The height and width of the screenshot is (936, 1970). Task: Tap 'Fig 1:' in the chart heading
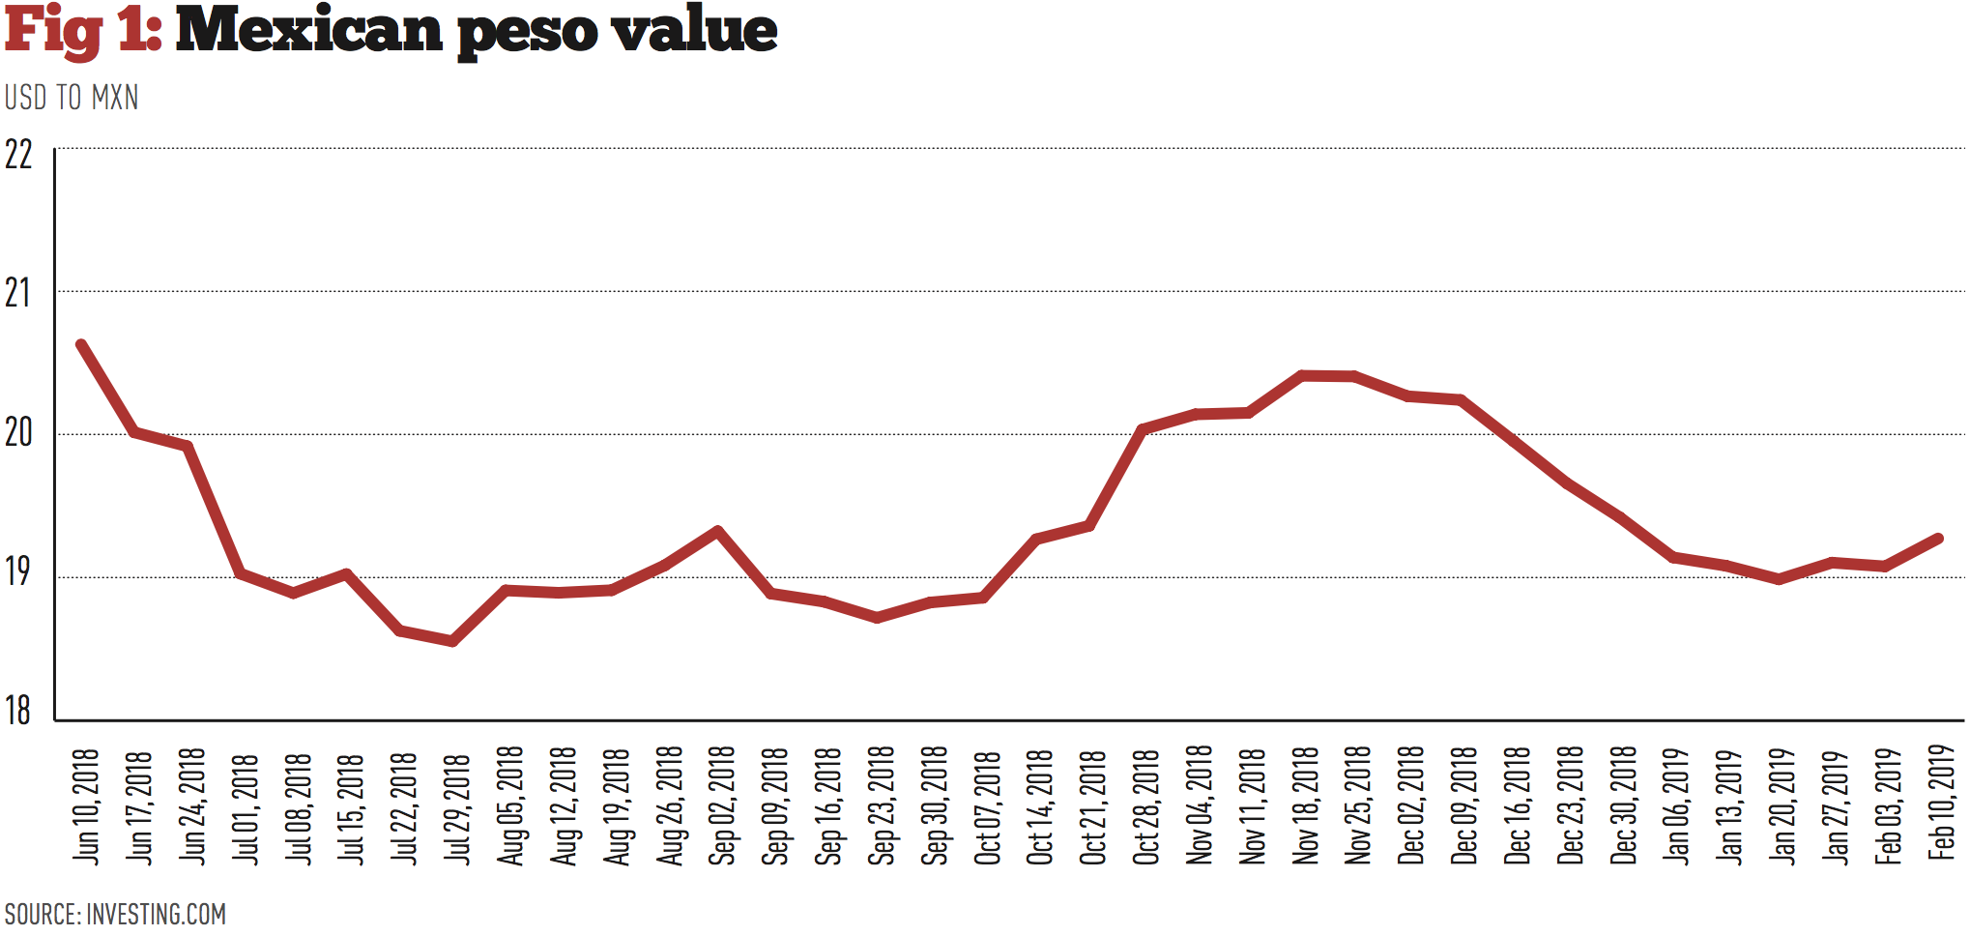click(x=82, y=29)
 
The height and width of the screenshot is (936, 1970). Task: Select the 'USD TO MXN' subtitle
click(x=72, y=98)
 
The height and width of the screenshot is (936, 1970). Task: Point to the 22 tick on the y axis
click(x=18, y=155)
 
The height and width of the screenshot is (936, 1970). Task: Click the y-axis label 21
click(x=18, y=293)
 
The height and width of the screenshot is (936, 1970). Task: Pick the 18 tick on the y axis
click(x=18, y=711)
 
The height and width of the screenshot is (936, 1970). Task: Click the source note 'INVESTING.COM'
click(x=156, y=914)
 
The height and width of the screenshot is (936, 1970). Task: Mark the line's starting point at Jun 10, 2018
click(x=81, y=345)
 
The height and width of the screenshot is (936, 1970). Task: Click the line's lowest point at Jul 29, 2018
click(x=452, y=641)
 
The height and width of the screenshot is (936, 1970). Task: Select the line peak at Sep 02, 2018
click(x=717, y=531)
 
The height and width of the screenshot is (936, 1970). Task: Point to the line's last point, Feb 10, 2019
click(x=1938, y=539)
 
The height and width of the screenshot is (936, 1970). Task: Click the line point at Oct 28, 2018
click(x=1143, y=428)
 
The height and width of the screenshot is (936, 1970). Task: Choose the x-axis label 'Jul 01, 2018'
click(x=246, y=807)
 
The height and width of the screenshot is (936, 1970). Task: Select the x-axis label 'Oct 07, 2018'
click(x=987, y=806)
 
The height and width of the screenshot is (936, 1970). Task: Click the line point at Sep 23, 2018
click(x=877, y=617)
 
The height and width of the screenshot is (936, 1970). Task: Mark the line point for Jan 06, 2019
click(x=1673, y=557)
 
